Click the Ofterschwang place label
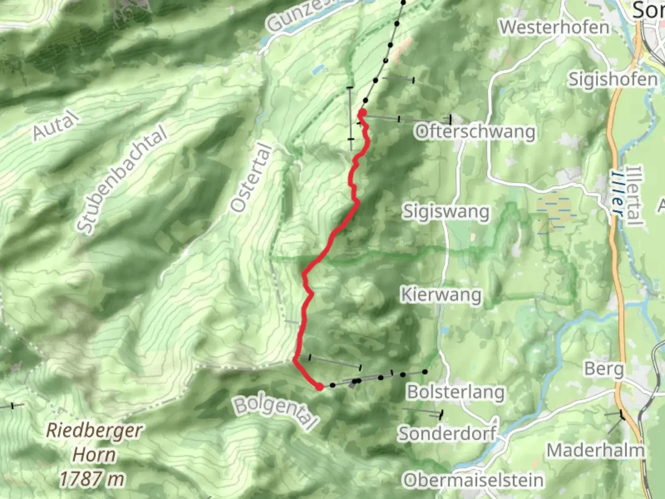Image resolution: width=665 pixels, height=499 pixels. click(x=475, y=132)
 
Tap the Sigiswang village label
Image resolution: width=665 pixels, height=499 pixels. click(x=446, y=212)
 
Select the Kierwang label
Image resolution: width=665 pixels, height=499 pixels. click(x=441, y=294)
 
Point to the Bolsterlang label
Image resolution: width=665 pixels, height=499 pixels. click(x=455, y=392)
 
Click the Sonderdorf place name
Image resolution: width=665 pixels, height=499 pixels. click(x=447, y=433)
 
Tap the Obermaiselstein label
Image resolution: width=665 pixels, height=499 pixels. click(x=473, y=481)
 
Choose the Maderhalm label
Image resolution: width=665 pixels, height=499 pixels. click(x=595, y=450)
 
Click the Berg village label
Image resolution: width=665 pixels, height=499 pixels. click(x=604, y=369)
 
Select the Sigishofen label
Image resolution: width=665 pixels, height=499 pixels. click(x=613, y=79)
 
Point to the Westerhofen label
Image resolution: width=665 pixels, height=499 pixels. click(x=554, y=27)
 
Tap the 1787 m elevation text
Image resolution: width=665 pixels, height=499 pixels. click(x=91, y=479)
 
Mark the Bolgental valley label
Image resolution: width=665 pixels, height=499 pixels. click(x=276, y=413)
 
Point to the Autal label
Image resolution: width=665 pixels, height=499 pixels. click(x=54, y=126)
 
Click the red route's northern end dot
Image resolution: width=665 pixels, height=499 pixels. click(x=362, y=113)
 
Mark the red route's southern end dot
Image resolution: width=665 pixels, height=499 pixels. click(x=319, y=387)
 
